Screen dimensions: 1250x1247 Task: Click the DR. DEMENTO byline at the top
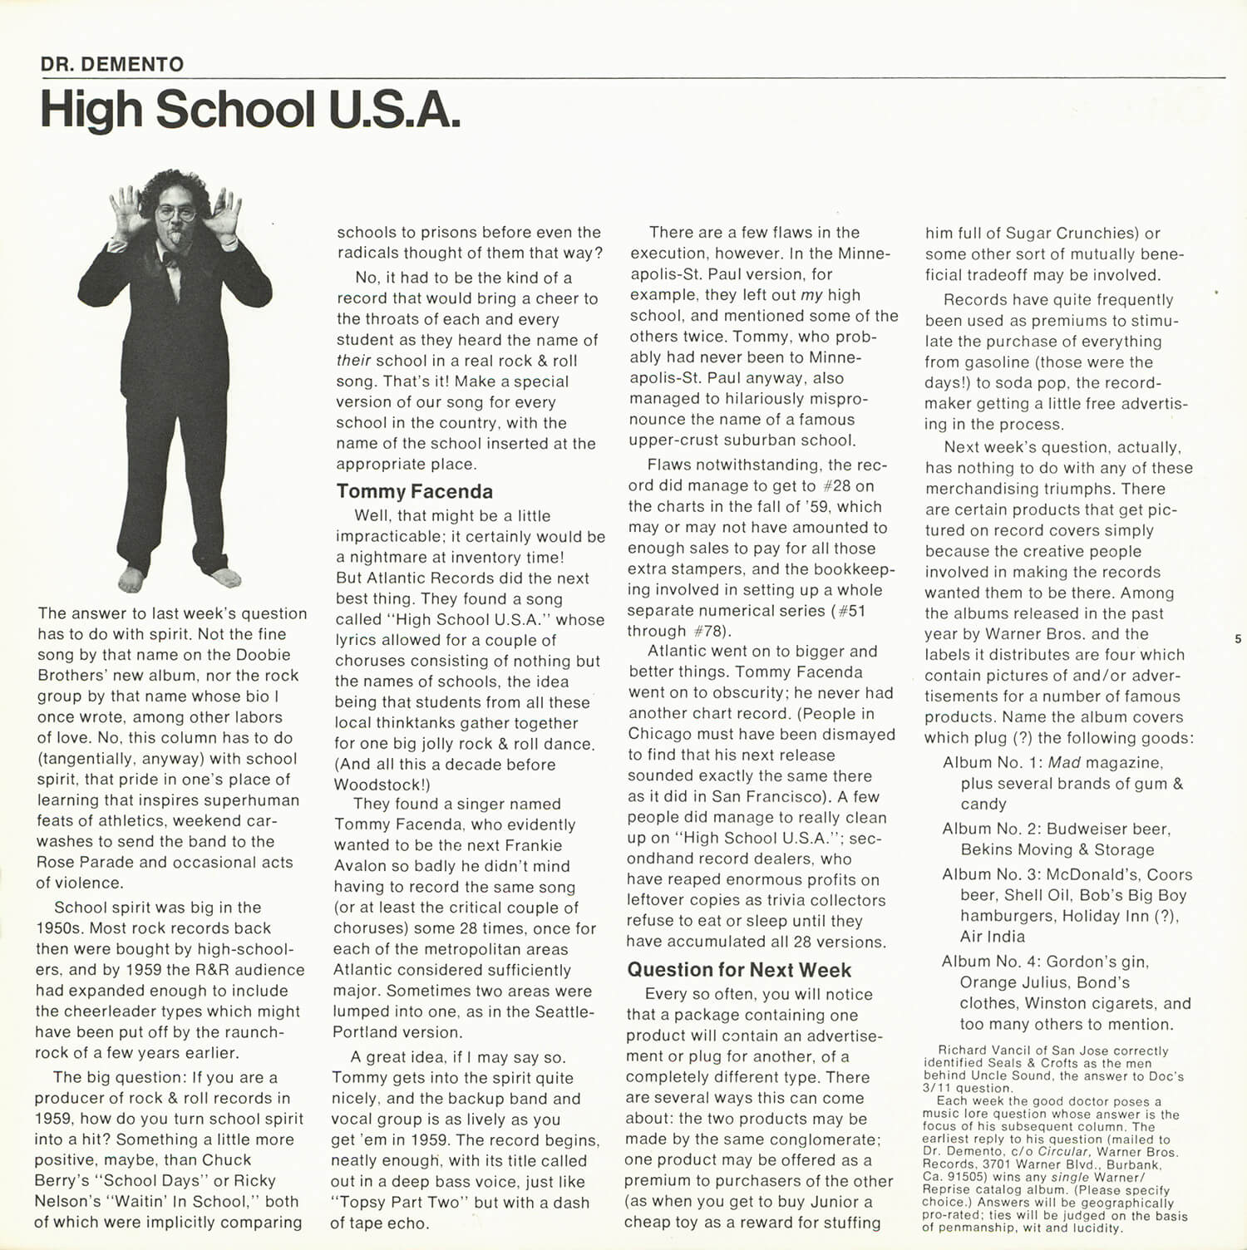pyautogui.click(x=112, y=64)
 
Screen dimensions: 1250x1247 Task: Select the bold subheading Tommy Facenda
pyautogui.click(x=414, y=491)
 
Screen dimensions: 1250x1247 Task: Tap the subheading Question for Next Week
pyautogui.click(x=739, y=970)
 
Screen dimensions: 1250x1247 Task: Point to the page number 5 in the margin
pyautogui.click(x=1238, y=639)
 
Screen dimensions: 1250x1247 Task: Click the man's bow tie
pyautogui.click(x=170, y=258)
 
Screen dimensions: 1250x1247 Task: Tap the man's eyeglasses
pyautogui.click(x=175, y=214)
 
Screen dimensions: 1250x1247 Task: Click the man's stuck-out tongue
pyautogui.click(x=177, y=241)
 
